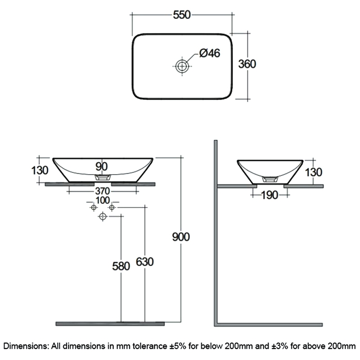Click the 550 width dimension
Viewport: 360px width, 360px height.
click(x=182, y=15)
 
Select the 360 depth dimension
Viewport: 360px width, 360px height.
click(x=247, y=64)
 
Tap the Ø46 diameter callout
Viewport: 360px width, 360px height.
click(x=210, y=53)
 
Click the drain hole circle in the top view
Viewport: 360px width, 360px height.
click(x=182, y=66)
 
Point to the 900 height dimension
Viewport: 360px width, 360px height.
click(x=181, y=237)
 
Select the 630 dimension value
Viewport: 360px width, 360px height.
click(x=144, y=262)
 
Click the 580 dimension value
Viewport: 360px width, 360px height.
click(x=121, y=266)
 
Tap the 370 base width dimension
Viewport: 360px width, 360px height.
click(x=103, y=191)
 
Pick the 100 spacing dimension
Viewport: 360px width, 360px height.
click(x=103, y=200)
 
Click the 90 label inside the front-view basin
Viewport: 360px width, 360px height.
click(x=102, y=166)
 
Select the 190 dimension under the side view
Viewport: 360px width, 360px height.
click(x=270, y=195)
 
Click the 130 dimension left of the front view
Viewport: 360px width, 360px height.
click(x=40, y=171)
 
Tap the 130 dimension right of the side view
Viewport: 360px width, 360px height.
click(x=314, y=172)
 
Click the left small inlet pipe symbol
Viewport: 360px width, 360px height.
click(x=93, y=207)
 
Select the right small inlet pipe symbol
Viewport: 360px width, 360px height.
click(x=112, y=207)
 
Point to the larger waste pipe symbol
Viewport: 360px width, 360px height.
click(x=103, y=216)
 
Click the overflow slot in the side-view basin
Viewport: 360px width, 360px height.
click(x=270, y=179)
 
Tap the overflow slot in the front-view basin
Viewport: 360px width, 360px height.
click(x=103, y=177)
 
